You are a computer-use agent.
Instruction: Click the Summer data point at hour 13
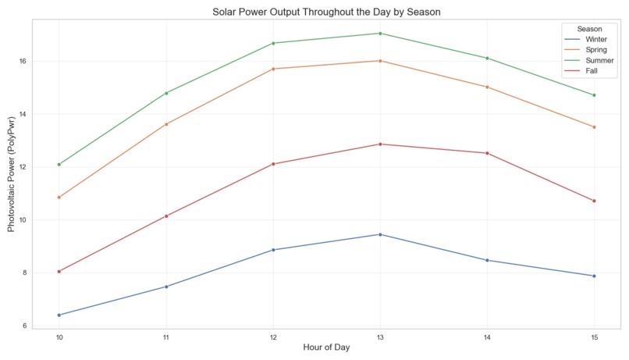(x=380, y=34)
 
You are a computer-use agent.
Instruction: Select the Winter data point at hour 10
(x=59, y=315)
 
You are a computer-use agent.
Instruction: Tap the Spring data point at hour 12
(x=273, y=69)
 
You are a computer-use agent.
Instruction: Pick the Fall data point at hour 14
(x=487, y=153)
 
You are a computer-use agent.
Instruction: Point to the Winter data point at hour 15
(x=594, y=276)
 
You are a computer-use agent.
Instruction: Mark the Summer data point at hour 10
(x=59, y=165)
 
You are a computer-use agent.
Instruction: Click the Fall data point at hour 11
(x=166, y=216)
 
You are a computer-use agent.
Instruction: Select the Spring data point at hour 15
(x=594, y=127)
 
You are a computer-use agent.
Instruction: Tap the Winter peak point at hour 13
(x=380, y=234)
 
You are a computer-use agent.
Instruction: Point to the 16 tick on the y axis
(x=23, y=61)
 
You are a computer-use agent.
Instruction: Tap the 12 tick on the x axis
(x=273, y=337)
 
